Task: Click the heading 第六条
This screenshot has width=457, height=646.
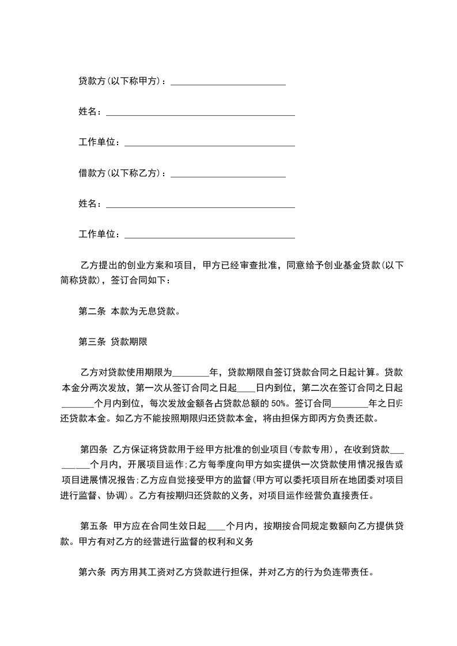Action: tap(91, 572)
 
